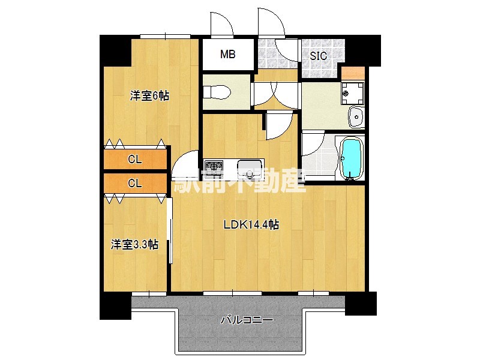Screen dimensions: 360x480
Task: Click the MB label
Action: [x=227, y=55]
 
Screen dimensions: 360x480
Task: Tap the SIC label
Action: [x=319, y=56]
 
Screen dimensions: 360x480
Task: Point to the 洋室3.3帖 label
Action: [x=134, y=244]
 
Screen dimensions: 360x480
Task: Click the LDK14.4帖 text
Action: [x=251, y=225]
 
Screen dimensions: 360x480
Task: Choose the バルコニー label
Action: [x=247, y=320]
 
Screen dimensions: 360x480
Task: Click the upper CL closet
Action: [x=135, y=160]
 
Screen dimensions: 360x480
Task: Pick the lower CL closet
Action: [x=135, y=184]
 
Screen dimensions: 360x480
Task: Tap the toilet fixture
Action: [x=216, y=92]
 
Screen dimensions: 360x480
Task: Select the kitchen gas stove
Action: [x=213, y=166]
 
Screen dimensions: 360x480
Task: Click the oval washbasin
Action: [x=355, y=116]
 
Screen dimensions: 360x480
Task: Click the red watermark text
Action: [x=240, y=181]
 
